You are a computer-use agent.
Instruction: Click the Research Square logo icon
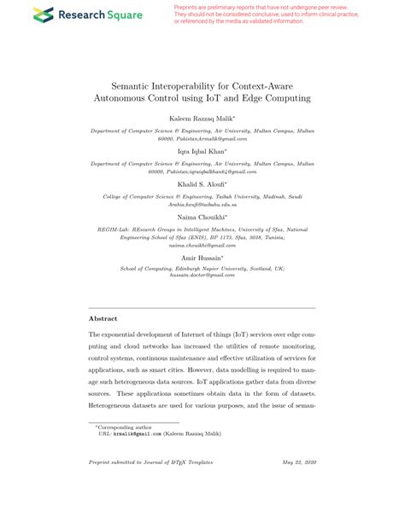pyautogui.click(x=42, y=15)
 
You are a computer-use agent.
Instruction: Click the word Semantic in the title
pyautogui.click(x=132, y=86)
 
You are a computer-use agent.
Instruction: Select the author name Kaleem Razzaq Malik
pyautogui.click(x=201, y=119)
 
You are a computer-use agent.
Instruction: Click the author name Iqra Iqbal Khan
pyautogui.click(x=202, y=151)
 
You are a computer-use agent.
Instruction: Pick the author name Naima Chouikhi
pyautogui.click(x=202, y=218)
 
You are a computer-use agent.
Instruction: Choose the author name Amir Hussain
pyautogui.click(x=202, y=257)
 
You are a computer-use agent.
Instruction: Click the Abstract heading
pyautogui.click(x=103, y=317)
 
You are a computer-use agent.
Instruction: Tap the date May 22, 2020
pyautogui.click(x=298, y=486)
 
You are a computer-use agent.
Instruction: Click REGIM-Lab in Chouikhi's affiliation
pyautogui.click(x=114, y=230)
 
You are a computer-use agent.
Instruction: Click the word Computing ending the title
pyautogui.click(x=287, y=99)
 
